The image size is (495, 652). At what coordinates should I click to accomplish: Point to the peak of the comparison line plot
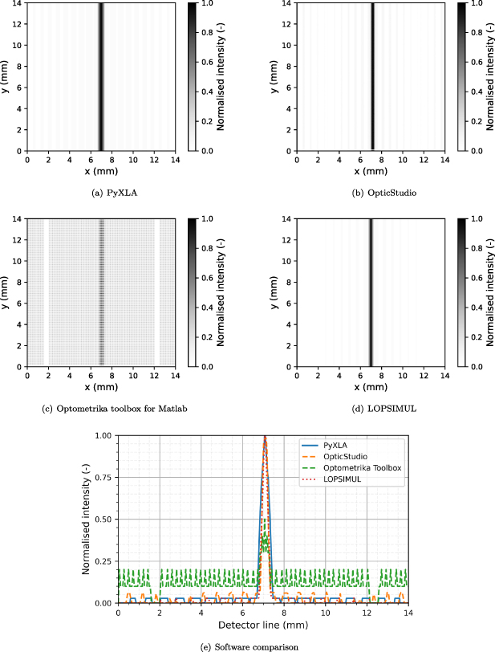[x=266, y=437]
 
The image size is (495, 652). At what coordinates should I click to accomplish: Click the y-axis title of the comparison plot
[x=87, y=519]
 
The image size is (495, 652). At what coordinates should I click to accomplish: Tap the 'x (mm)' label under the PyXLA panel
[x=101, y=171]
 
